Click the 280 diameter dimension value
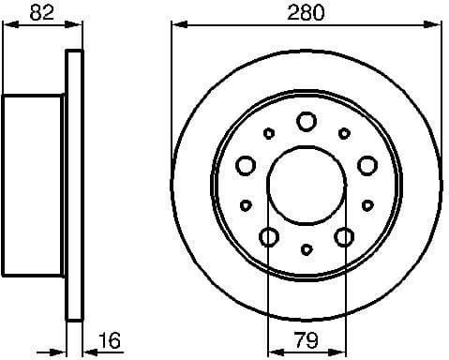307,13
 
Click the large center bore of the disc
306,183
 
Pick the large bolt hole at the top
307,121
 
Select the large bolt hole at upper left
247,165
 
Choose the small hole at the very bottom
307,250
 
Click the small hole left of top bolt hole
269,133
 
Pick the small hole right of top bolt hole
344,133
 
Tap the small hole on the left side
246,204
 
